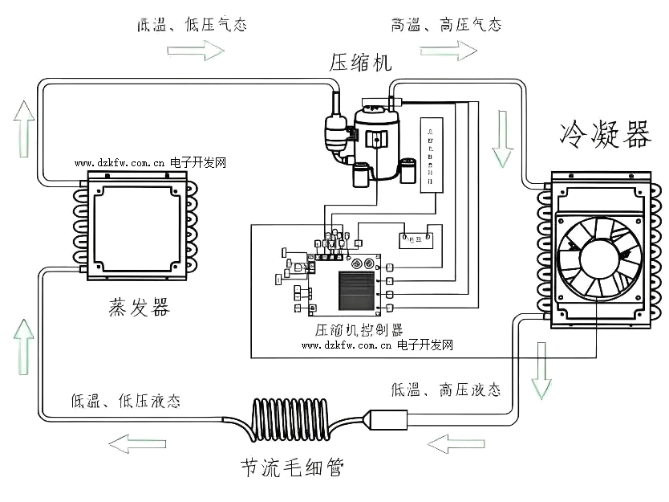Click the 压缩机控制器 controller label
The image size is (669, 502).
pyautogui.click(x=359, y=329)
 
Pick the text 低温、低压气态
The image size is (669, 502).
pyautogui.click(x=192, y=25)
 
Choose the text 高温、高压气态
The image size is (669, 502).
pyautogui.click(x=446, y=25)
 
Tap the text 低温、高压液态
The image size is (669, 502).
pyautogui.click(x=446, y=390)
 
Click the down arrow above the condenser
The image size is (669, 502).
pyautogui.click(x=502, y=139)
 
